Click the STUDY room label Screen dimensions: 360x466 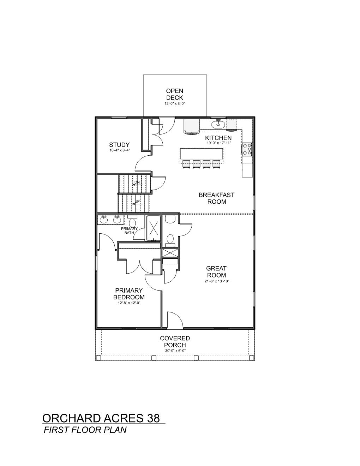pos(119,145)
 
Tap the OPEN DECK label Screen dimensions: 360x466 pos(175,94)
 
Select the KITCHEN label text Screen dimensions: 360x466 pos(218,138)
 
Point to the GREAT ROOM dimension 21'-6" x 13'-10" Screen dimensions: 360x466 pos(217,281)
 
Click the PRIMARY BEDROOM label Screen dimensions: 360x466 pos(129,294)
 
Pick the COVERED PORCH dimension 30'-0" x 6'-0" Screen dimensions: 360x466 pos(175,351)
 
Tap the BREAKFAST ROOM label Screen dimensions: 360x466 pos(217,198)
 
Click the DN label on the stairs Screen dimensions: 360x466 pos(137,182)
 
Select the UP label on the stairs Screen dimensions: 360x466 pos(137,201)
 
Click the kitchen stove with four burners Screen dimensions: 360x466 pos(247,149)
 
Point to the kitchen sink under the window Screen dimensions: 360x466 pos(218,124)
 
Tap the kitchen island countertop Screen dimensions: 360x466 pos(202,154)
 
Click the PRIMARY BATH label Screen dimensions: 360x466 pos(129,231)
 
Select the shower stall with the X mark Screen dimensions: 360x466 pos(154,228)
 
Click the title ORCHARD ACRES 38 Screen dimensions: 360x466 pos(101,418)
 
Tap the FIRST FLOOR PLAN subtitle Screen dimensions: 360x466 pos(85,430)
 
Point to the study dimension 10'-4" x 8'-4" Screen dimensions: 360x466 pos(120,150)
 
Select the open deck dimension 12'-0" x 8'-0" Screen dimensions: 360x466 pos(175,103)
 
